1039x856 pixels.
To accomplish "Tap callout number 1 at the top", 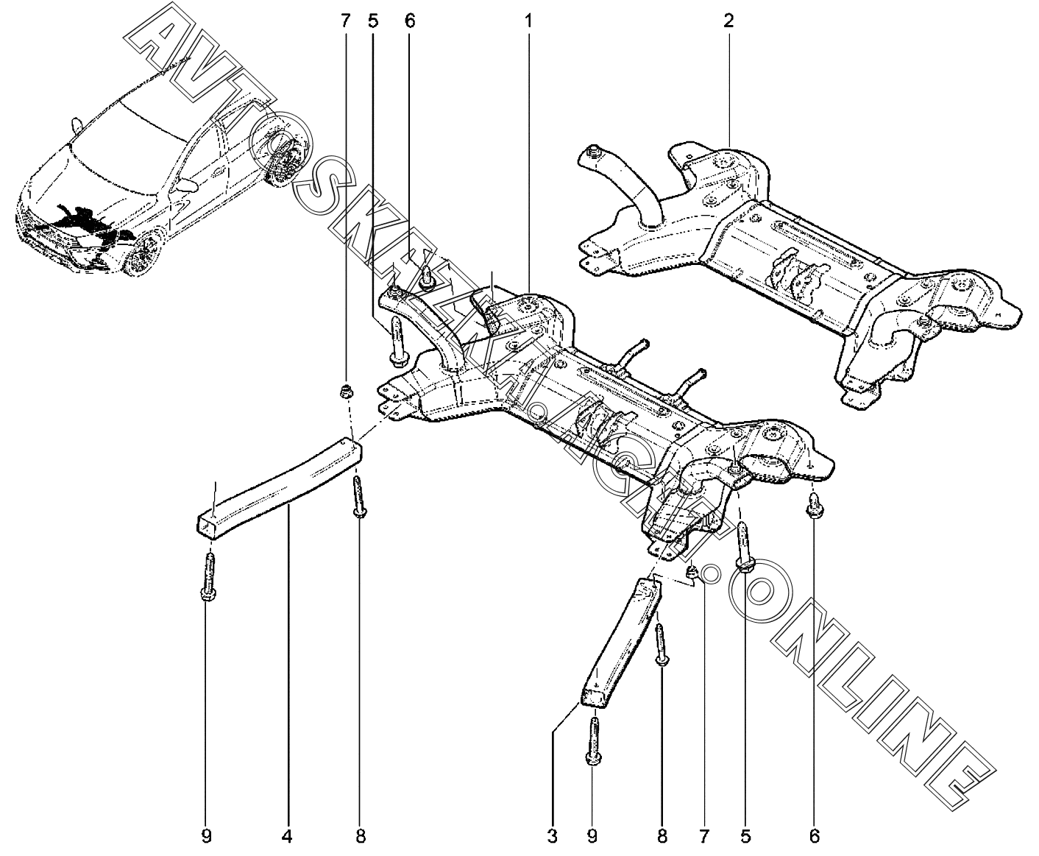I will pyautogui.click(x=527, y=20).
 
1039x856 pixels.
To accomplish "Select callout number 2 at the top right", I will pyautogui.click(x=728, y=20).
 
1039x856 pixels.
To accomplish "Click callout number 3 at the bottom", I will pyautogui.click(x=552, y=836).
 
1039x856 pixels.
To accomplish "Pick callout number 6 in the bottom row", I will pyautogui.click(x=813, y=836).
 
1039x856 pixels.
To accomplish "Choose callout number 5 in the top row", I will pyautogui.click(x=373, y=20).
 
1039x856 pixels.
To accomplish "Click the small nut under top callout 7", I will pyautogui.click(x=345, y=391).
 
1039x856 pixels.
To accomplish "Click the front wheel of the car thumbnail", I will pyautogui.click(x=144, y=255).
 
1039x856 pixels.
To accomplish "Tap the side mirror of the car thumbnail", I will pyautogui.click(x=189, y=185).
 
